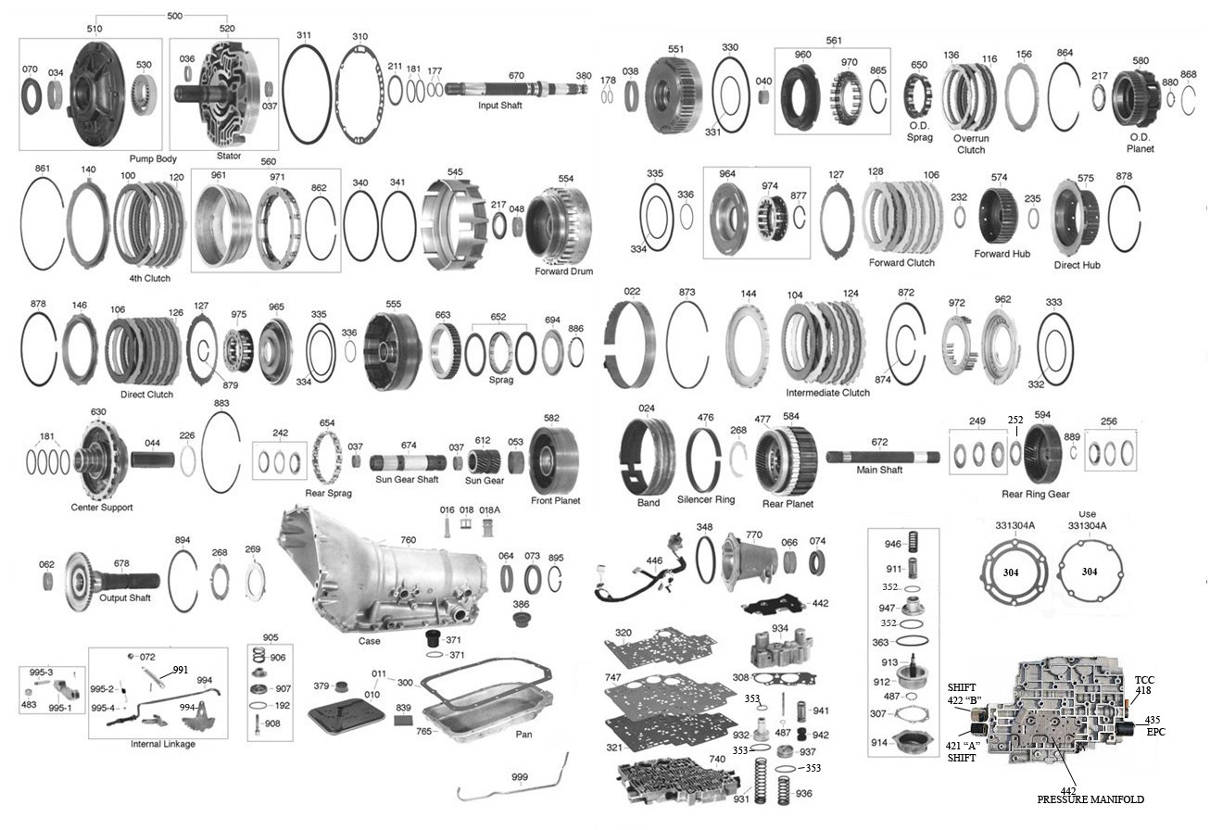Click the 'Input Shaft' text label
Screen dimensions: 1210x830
[x=499, y=106]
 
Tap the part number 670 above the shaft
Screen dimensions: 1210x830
[x=516, y=76]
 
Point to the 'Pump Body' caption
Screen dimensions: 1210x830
[x=153, y=158]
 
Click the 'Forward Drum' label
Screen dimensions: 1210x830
[x=563, y=271]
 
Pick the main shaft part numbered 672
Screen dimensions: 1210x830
[x=883, y=458]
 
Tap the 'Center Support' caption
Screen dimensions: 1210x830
[x=102, y=507]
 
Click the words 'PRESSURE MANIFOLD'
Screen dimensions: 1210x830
[x=1090, y=799]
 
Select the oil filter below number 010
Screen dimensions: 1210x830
[x=347, y=712]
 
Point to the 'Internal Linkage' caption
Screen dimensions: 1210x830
[x=162, y=744]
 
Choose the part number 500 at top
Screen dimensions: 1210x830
[x=174, y=16]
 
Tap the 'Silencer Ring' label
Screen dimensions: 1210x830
[x=705, y=499]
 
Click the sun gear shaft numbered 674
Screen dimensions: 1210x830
[x=408, y=463]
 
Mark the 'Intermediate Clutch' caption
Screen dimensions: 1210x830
[x=827, y=393]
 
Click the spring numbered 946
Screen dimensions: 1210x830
[x=914, y=543]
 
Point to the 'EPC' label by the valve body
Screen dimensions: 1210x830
[x=1155, y=732]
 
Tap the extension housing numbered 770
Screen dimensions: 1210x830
[x=749, y=560]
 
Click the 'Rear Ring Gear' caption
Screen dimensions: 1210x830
[x=1035, y=494]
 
